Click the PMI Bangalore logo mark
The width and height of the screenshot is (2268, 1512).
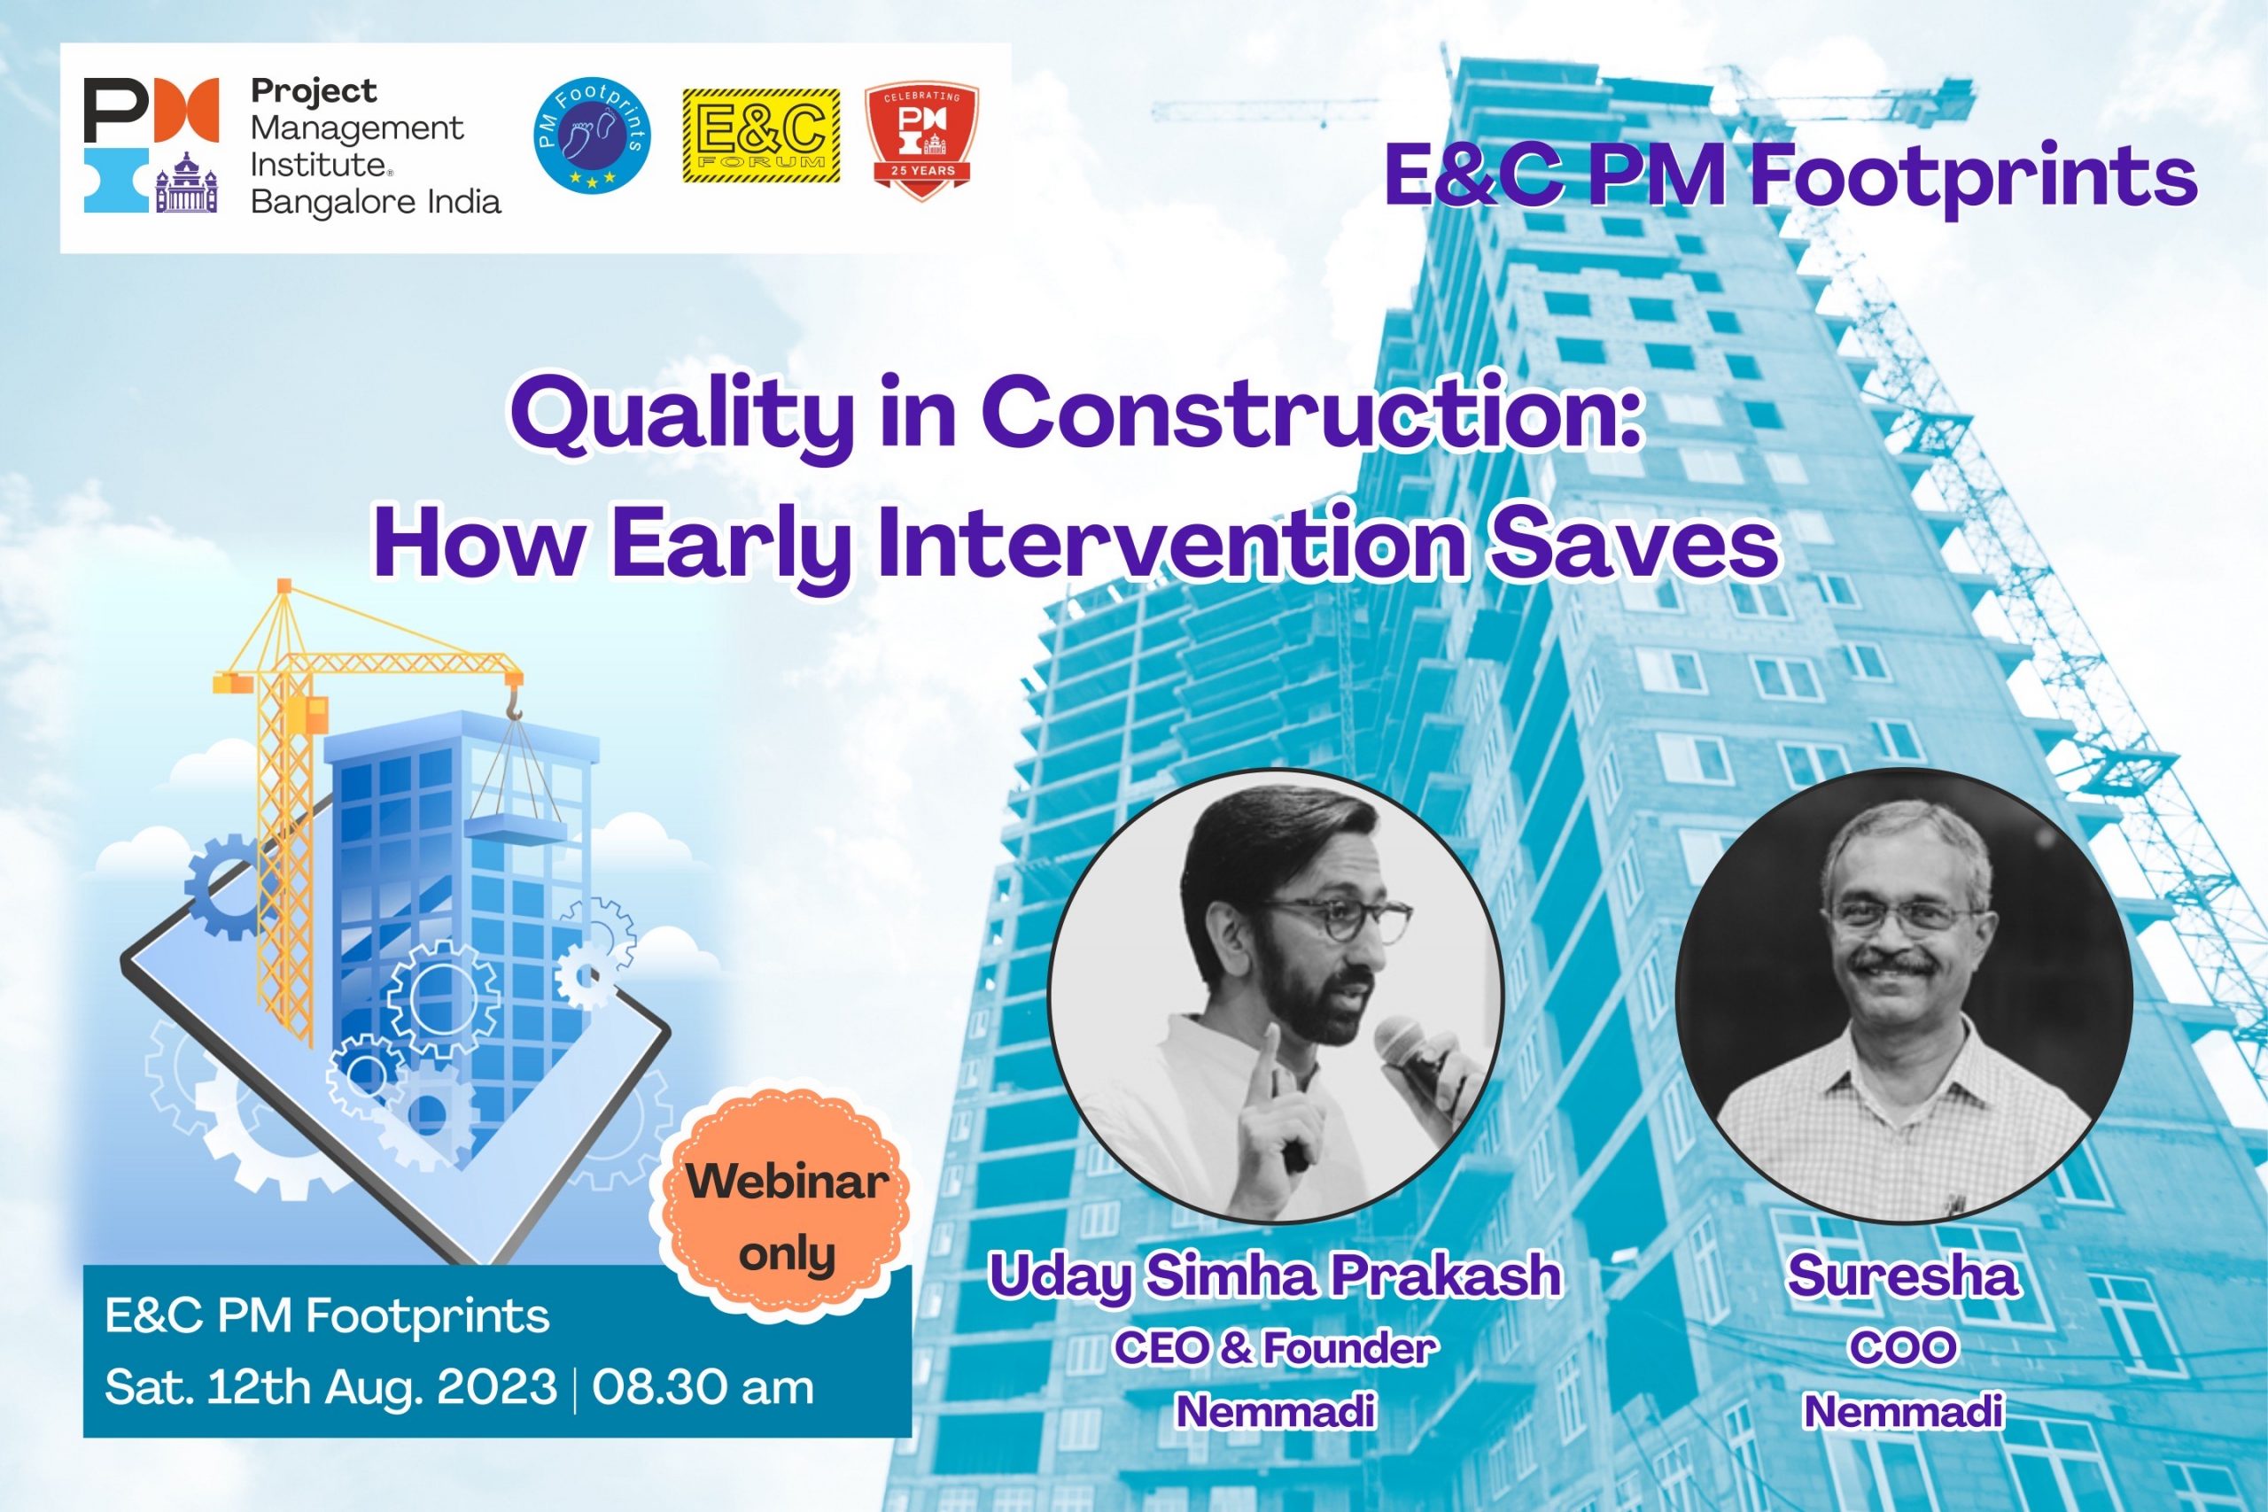point(151,144)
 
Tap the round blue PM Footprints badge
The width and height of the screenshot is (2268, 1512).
point(592,135)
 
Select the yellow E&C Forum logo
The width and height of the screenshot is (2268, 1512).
point(761,136)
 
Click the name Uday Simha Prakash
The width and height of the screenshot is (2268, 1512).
point(1275,1276)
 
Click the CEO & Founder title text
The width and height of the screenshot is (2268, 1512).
point(1275,1347)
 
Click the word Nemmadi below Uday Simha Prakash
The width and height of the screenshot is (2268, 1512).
point(1275,1411)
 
